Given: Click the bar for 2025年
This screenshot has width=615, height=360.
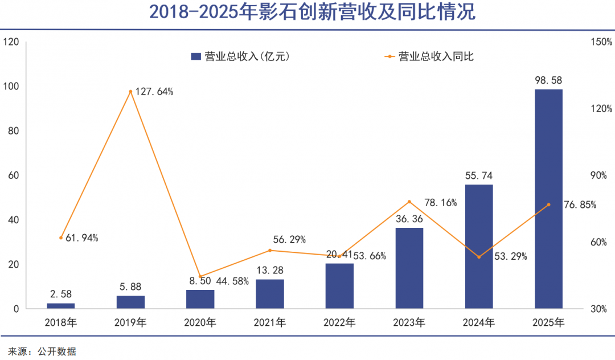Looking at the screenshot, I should click(548, 199).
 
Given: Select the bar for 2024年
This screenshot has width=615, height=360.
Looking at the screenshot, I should click(479, 247).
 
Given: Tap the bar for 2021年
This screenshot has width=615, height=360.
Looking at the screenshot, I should click(270, 294).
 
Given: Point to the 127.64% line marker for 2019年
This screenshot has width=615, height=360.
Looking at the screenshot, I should click(130, 92).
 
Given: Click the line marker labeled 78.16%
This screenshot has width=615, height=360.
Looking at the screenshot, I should click(409, 202).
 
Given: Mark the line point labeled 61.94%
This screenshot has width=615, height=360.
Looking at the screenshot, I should click(61, 238).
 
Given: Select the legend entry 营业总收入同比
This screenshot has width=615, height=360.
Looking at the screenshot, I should click(430, 56).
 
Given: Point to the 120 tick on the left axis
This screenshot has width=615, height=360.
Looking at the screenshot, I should click(11, 42).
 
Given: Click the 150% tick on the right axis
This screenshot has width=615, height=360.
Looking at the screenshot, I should click(601, 42).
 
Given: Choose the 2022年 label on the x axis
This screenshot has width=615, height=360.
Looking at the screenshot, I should click(339, 323).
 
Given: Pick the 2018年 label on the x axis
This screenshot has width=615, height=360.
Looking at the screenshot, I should click(61, 323).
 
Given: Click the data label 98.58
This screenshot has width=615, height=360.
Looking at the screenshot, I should click(548, 80).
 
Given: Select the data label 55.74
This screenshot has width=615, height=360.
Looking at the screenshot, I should click(479, 175).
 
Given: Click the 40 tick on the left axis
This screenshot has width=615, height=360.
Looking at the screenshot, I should click(13, 220).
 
